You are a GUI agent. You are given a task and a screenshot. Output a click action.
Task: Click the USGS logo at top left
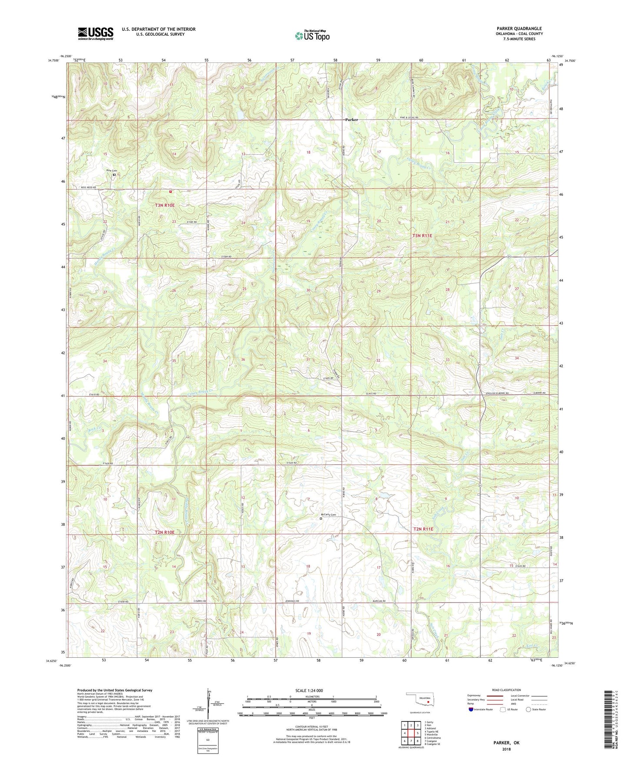96,33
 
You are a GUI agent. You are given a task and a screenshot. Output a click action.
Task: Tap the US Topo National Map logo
312,35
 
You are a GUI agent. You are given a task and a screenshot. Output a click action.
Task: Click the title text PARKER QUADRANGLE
519,29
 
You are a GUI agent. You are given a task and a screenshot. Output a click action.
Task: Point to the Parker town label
352,119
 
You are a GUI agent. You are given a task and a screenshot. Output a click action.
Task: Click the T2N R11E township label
423,529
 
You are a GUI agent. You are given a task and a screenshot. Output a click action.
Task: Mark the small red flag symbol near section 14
170,191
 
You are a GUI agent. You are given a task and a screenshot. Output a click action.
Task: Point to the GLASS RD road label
370,394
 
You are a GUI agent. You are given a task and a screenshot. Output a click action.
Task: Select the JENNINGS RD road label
292,601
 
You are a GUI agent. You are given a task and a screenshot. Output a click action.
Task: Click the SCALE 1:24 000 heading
309,690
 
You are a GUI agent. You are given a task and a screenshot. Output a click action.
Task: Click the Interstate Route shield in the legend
471,709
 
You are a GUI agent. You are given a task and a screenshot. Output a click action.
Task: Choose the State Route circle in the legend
528,709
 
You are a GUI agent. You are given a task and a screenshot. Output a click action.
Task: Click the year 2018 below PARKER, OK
506,749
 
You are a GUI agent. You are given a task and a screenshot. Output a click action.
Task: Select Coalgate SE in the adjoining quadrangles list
432,744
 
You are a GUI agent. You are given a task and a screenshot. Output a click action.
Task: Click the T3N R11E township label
422,236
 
